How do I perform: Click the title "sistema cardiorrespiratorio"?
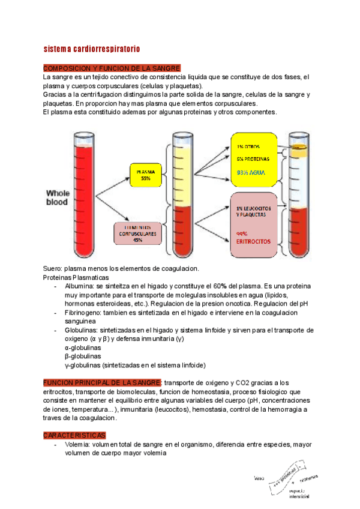(92, 48)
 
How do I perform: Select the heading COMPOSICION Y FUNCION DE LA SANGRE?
(112, 68)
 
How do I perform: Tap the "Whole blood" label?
(58, 198)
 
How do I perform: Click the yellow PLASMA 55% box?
(145, 174)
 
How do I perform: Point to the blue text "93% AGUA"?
(251, 172)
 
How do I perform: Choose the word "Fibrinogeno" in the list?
(85, 313)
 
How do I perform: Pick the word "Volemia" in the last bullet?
(77, 445)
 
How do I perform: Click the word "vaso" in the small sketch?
(259, 478)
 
